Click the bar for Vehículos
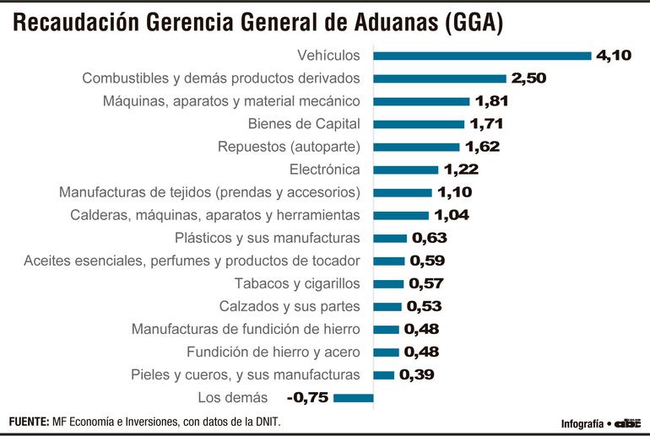(x=482, y=56)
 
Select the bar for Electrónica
(x=406, y=170)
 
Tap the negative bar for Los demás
(x=354, y=397)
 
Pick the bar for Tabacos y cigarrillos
(x=388, y=283)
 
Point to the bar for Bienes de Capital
(x=419, y=124)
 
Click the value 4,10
(x=615, y=56)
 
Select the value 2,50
(x=530, y=78)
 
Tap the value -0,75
(x=308, y=397)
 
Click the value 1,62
(x=482, y=147)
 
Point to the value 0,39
(x=417, y=374)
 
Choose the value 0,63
(x=430, y=238)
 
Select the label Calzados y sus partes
(x=290, y=306)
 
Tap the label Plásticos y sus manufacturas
(x=267, y=238)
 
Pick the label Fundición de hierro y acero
(x=274, y=352)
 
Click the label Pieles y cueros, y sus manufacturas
(x=246, y=374)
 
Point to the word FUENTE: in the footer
(x=29, y=421)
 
